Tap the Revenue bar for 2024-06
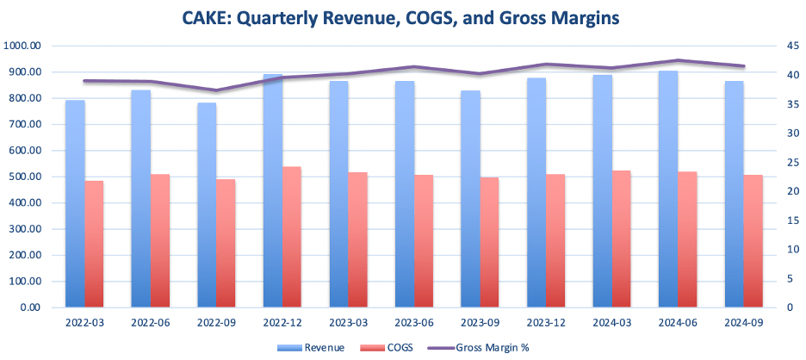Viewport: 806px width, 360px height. [x=668, y=189]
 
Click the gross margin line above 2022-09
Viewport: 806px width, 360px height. [x=217, y=90]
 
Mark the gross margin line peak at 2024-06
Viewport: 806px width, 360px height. [x=679, y=60]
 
